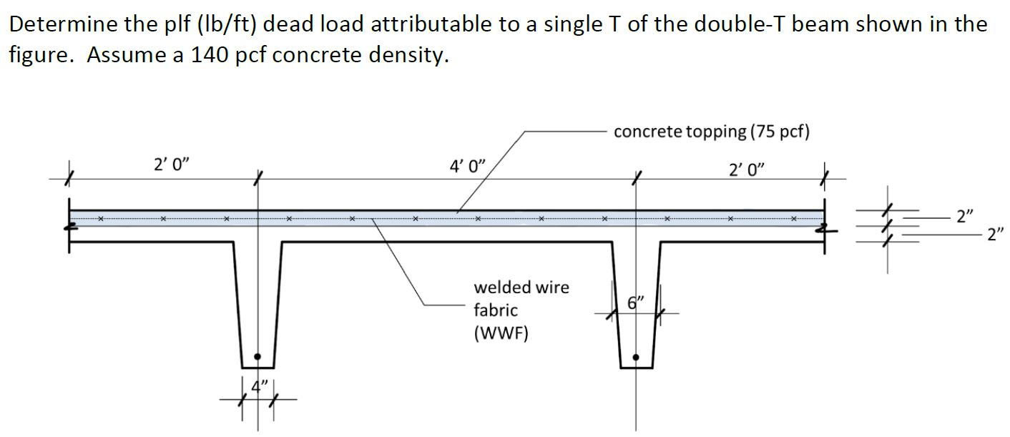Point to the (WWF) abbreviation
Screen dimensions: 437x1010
501,333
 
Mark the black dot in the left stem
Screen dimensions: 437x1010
258,355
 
